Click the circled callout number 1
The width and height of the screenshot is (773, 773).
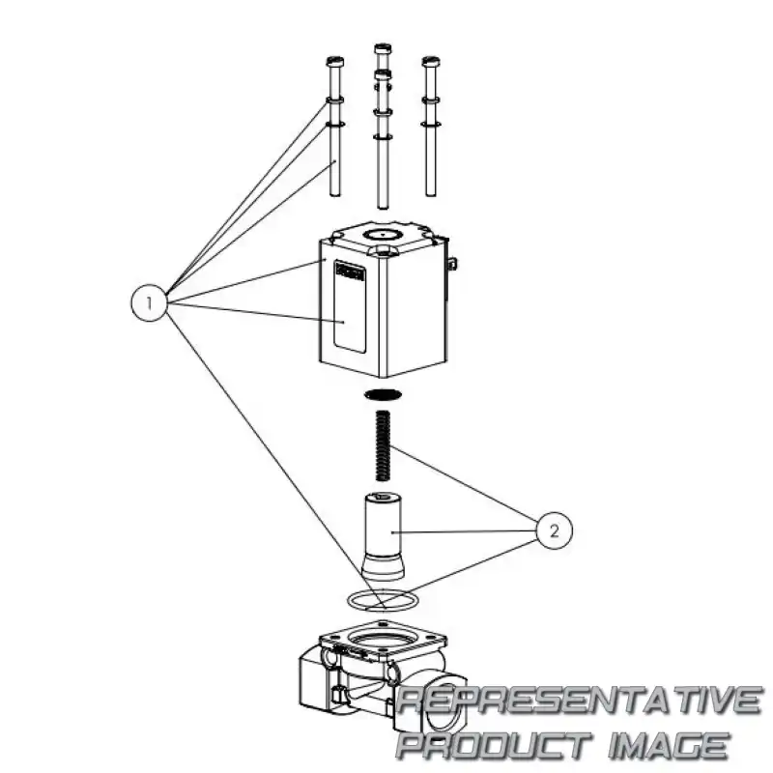150,302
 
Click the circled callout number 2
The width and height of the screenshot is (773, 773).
554,530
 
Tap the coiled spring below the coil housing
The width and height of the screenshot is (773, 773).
383,445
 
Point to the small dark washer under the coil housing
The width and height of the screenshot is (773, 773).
383,394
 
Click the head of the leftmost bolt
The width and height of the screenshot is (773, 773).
334,62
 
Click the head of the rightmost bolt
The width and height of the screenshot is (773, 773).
431,62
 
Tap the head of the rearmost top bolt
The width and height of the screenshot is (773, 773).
383,49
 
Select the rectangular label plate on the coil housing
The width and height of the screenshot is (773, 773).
349,306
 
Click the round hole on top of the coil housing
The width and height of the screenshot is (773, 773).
383,235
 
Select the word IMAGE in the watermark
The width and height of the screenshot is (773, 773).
669,744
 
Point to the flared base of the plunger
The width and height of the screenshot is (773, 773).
383,566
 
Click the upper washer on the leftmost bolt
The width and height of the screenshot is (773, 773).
334,101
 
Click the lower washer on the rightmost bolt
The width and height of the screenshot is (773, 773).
431,124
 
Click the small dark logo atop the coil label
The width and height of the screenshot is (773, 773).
350,272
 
